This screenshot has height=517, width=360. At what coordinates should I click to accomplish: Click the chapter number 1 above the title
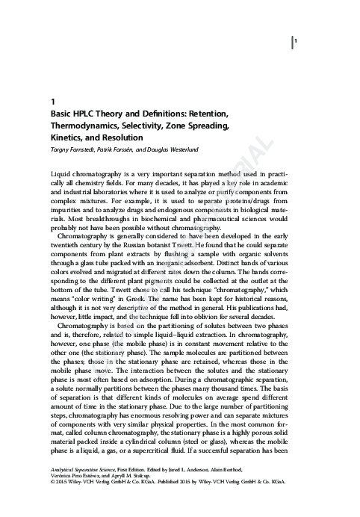(x=51, y=100)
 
